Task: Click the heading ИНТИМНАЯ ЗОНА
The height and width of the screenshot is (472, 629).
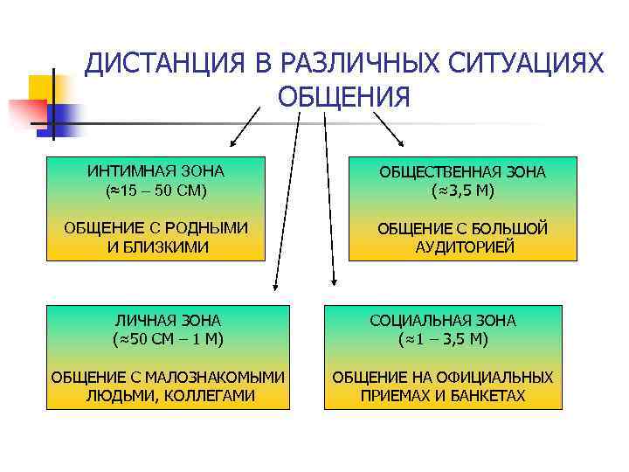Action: tap(156, 170)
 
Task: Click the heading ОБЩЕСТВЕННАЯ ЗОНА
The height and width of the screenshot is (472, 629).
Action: tap(463, 172)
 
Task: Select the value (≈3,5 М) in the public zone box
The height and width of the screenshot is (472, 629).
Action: tap(463, 190)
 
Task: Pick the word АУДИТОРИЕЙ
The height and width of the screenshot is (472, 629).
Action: tap(464, 247)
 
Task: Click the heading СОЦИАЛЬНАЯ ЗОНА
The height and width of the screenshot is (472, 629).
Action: tap(443, 320)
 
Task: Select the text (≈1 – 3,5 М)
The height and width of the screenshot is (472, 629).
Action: tap(443, 338)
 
